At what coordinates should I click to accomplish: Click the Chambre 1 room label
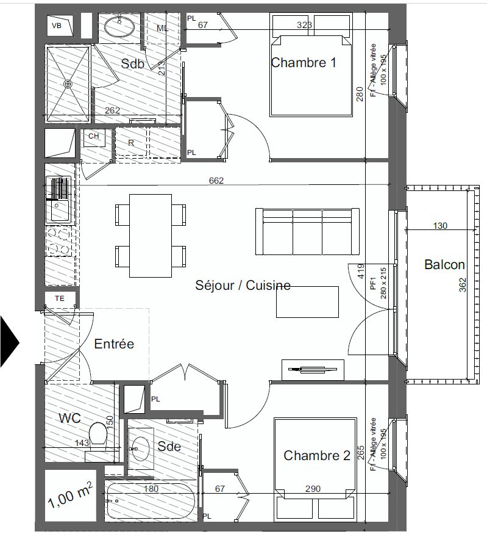pos(303,62)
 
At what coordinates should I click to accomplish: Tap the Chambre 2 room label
pos(317,455)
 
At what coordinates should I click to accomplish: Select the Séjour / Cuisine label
pos(243,285)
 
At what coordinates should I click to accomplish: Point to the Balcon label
pos(444,264)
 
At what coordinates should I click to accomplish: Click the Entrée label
pos(114,344)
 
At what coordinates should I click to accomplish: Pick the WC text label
pos(71,419)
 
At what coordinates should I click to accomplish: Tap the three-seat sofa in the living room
pos(307,232)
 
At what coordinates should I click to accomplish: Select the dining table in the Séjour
pos(150,235)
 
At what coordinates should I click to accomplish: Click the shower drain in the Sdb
pos(68,84)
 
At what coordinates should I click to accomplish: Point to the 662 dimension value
pos(216,180)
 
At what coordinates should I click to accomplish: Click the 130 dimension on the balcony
pos(440,226)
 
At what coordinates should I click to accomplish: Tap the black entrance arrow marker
pos(9,342)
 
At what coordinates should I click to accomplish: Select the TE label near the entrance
pos(60,298)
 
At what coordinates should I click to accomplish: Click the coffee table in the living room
pos(307,301)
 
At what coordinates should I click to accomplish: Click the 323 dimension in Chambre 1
pos(304,25)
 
